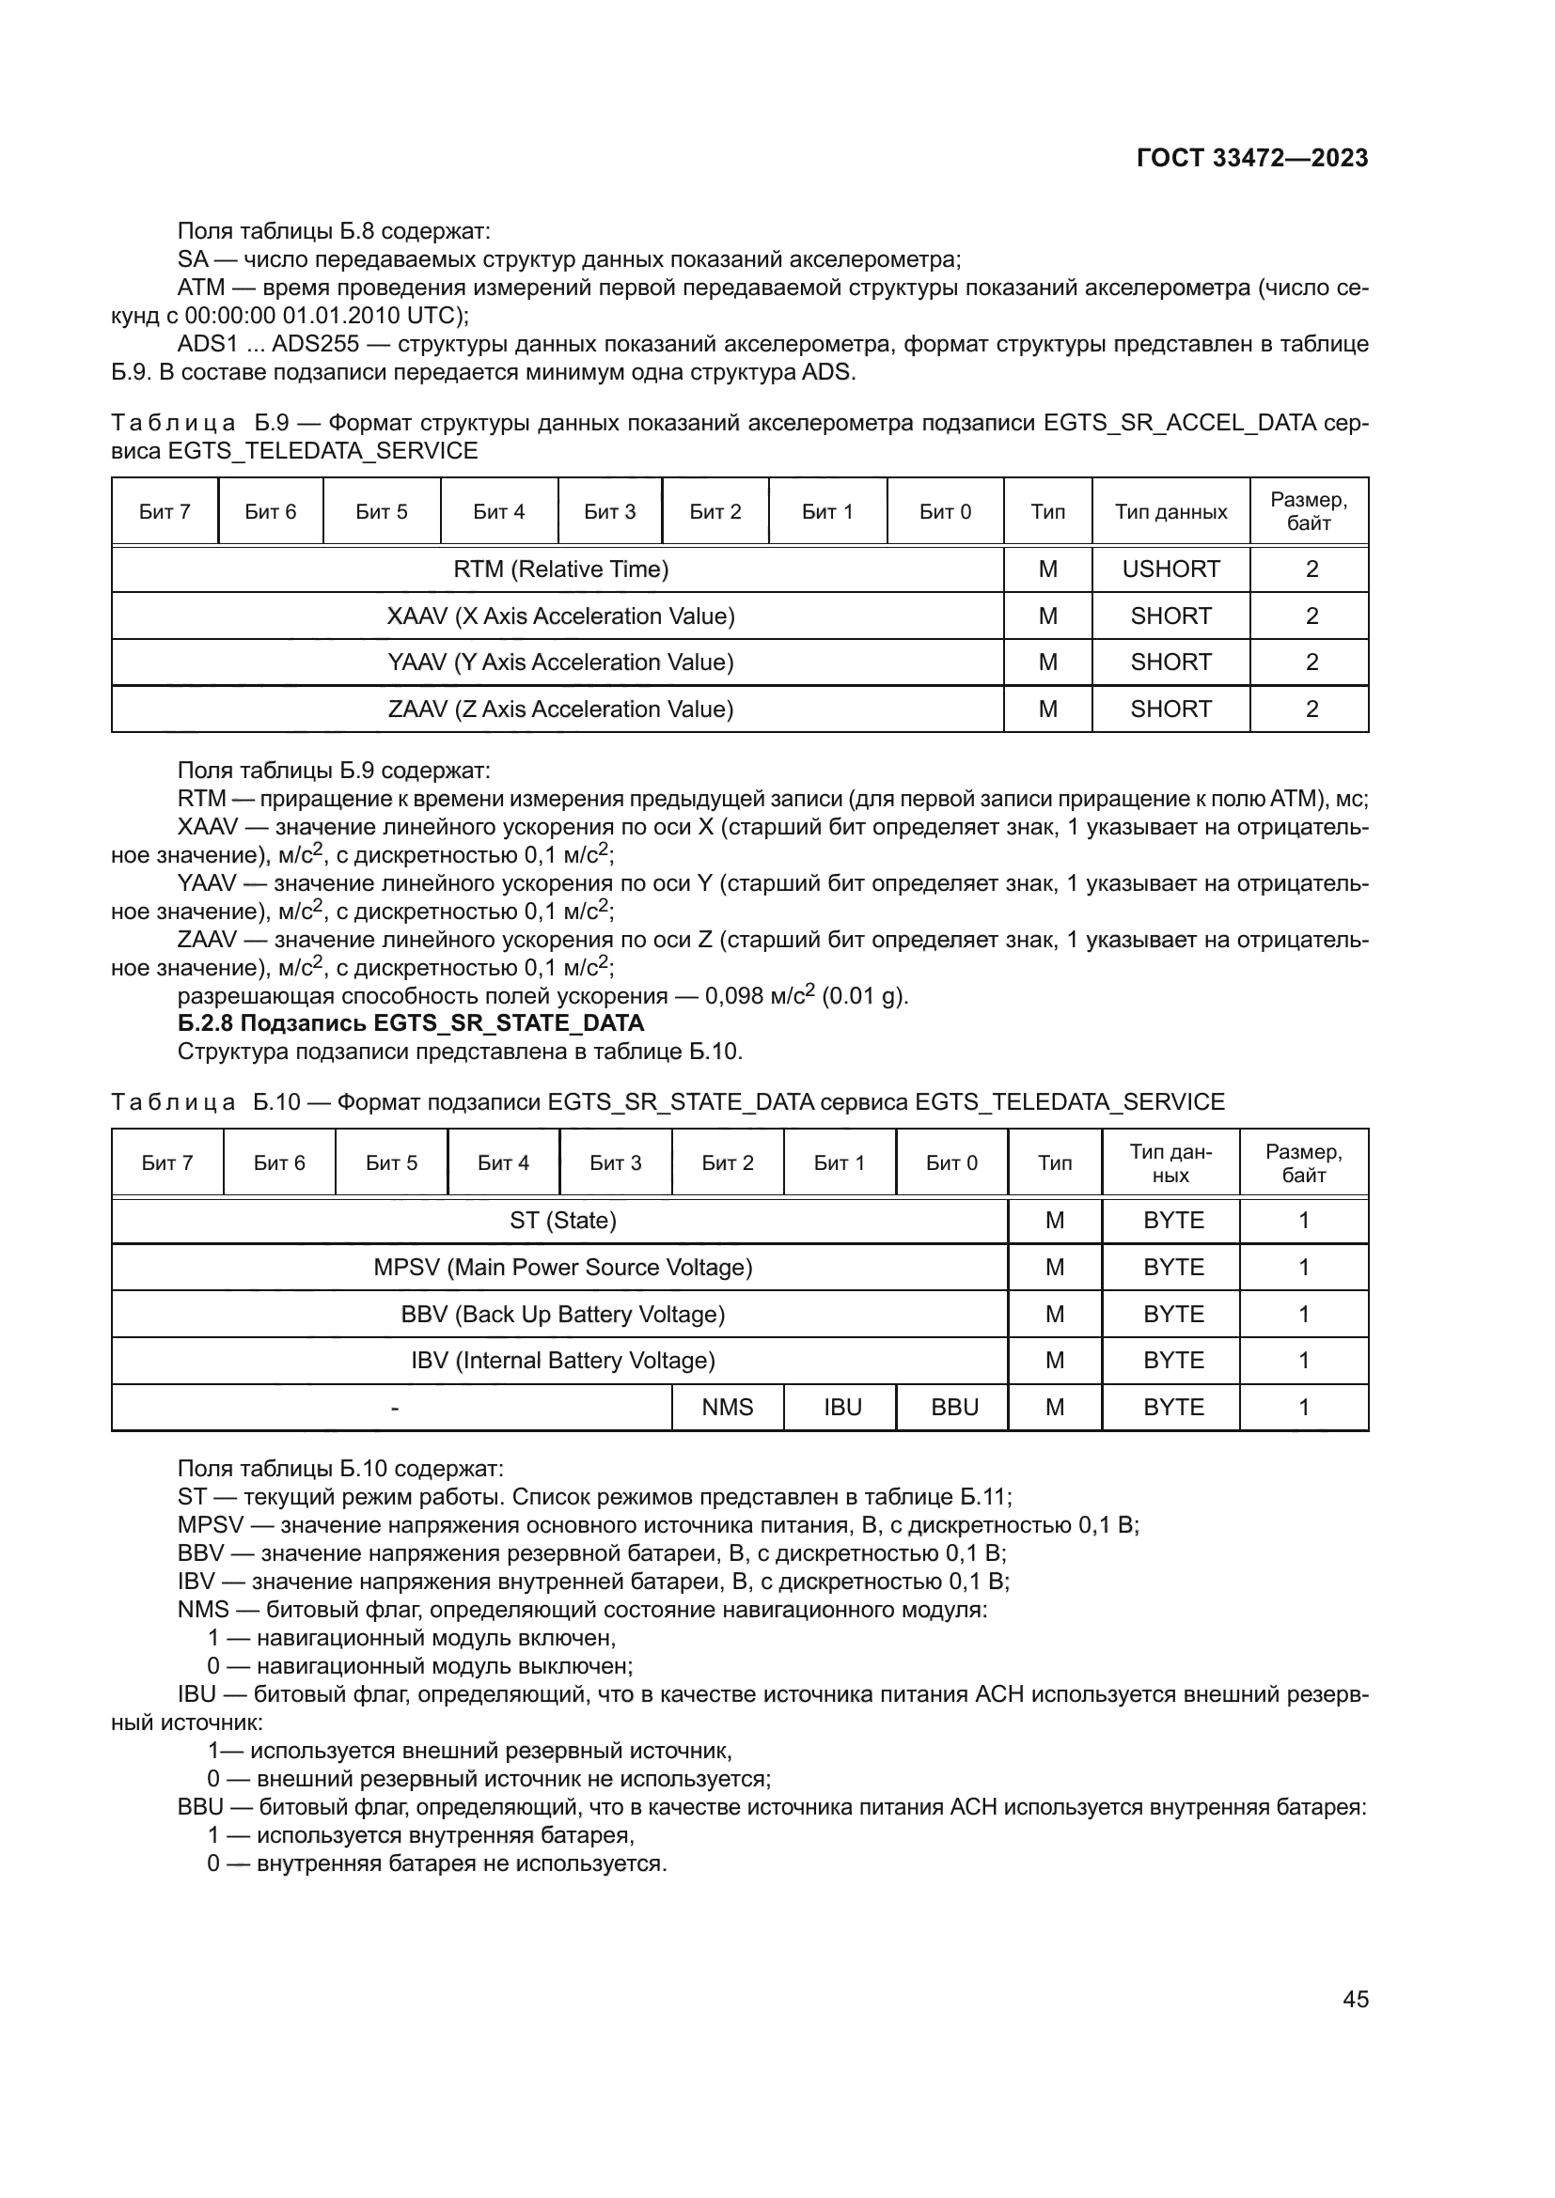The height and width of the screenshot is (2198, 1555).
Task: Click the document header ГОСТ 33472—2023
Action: pyautogui.click(x=1251, y=158)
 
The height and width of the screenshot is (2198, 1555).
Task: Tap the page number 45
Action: pyautogui.click(x=1355, y=1999)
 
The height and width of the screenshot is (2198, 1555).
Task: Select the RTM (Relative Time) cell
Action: pyautogui.click(x=560, y=569)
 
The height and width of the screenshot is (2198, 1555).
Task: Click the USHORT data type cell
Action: pyautogui.click(x=1170, y=569)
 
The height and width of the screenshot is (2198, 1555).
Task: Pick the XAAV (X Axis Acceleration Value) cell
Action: pyautogui.click(x=560, y=616)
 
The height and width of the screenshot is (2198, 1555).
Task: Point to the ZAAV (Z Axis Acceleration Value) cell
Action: pyautogui.click(x=560, y=709)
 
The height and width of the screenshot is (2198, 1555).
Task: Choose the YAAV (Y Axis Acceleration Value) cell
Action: pyautogui.click(x=560, y=663)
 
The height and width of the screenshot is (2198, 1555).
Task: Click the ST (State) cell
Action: pyautogui.click(x=562, y=1221)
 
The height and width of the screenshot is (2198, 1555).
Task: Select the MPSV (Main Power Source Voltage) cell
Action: pyautogui.click(x=562, y=1268)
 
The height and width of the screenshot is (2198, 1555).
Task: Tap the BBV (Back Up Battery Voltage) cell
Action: pyautogui.click(x=562, y=1315)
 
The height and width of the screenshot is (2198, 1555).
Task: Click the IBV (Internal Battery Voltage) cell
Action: pyautogui.click(x=562, y=1361)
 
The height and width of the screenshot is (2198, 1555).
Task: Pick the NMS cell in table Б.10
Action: pyautogui.click(x=727, y=1408)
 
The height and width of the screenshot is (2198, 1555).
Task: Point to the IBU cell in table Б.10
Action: pyautogui.click(x=841, y=1408)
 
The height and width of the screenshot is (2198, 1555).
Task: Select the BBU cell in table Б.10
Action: pyautogui.click(x=953, y=1408)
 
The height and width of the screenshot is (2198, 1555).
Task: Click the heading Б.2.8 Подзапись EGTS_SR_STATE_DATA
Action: pyautogui.click(x=411, y=1023)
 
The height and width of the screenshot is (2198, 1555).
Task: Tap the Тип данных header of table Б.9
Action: pyautogui.click(x=1170, y=512)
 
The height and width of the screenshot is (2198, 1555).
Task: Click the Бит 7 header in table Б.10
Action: pyautogui.click(x=166, y=1163)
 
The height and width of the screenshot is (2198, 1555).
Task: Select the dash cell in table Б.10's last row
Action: pyautogui.click(x=394, y=1408)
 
